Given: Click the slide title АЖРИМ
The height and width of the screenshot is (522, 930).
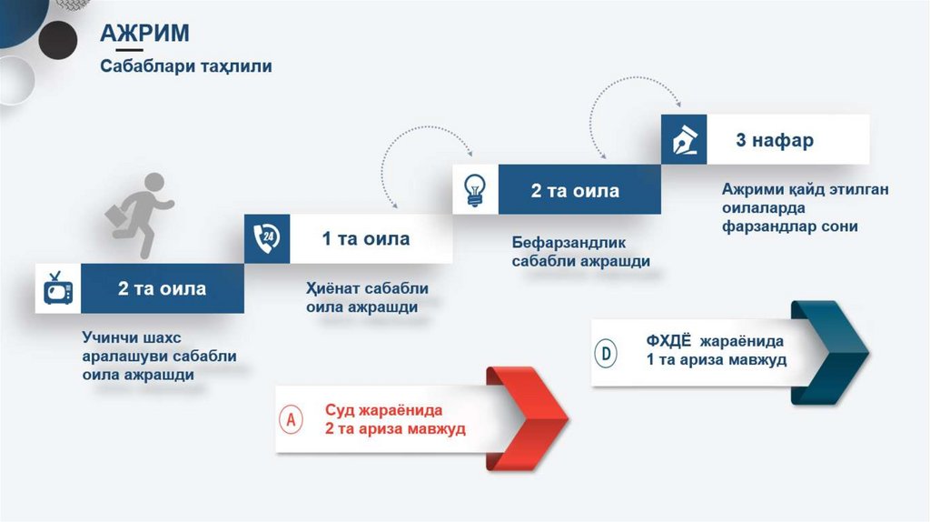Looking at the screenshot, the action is coord(144,34).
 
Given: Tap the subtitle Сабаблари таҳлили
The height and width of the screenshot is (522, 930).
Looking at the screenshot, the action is coord(185,66).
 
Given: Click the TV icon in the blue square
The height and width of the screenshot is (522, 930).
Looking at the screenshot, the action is coord(57,289).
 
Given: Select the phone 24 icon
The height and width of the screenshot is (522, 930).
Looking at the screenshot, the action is coord(267,238).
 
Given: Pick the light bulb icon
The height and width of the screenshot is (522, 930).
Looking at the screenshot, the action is coord(475,189).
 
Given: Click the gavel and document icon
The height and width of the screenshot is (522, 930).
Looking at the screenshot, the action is coord(683,140).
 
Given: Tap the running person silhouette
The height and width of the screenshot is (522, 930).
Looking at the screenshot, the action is coord(147,214).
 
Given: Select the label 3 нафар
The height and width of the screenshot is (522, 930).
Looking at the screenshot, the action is coord(774,140).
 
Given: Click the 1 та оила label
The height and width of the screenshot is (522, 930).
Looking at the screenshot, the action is coord(366,239).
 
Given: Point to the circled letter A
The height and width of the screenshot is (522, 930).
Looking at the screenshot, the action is coord(292,419).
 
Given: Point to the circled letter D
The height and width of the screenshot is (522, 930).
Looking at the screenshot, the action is coord(606,352).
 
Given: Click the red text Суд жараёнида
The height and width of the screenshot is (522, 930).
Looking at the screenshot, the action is coord(383,409).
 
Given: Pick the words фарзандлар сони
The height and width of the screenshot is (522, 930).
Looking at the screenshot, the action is coord(790,226).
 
